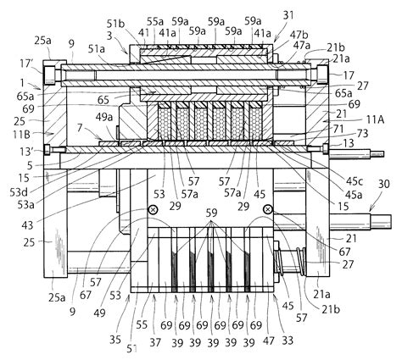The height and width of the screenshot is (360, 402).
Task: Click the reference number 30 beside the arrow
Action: [382, 207]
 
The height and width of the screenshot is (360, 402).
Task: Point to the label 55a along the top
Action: [155, 19]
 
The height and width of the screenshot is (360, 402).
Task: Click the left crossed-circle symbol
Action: [154, 209]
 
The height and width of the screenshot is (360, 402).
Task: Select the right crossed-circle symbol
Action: [268, 209]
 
